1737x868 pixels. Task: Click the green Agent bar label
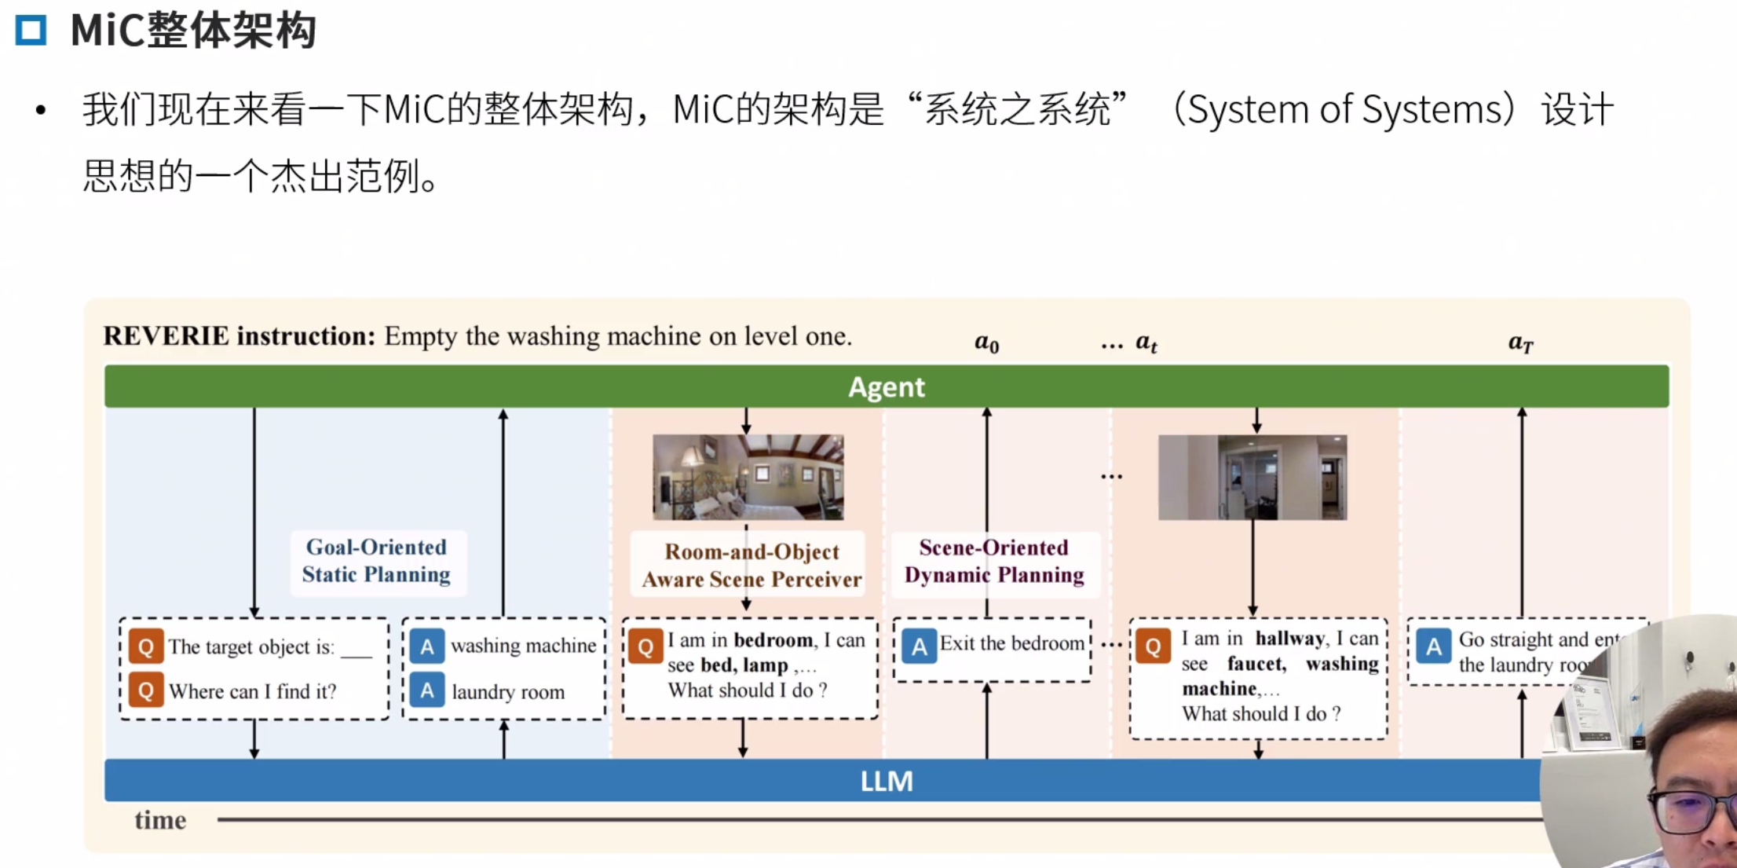(x=887, y=387)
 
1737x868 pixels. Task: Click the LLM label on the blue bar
(x=887, y=782)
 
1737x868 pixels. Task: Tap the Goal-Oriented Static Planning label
(x=376, y=561)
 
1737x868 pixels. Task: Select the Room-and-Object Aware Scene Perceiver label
(x=751, y=566)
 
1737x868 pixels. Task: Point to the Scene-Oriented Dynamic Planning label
(x=994, y=561)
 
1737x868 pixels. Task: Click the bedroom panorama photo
(x=748, y=477)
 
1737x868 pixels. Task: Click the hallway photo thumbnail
(x=1252, y=477)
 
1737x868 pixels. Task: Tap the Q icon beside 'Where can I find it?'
(x=146, y=690)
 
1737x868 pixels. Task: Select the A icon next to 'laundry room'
(x=426, y=690)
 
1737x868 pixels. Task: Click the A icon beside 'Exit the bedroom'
(x=919, y=646)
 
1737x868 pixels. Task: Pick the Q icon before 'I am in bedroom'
(x=645, y=646)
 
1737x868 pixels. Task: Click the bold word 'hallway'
(x=1289, y=639)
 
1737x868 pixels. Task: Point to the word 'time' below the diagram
(x=160, y=820)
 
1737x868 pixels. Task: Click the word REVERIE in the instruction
(x=166, y=336)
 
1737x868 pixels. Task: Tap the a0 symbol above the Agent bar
(x=986, y=342)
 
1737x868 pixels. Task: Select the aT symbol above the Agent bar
(x=1520, y=342)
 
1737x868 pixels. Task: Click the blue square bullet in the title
(x=31, y=30)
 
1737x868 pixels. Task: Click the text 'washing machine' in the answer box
(x=523, y=646)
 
